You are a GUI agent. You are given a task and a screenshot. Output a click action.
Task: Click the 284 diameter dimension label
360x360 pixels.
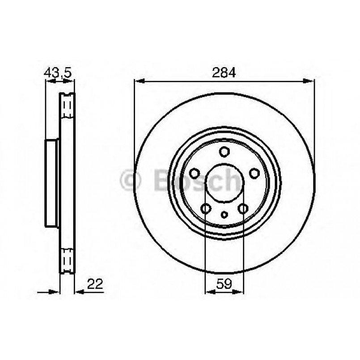224,72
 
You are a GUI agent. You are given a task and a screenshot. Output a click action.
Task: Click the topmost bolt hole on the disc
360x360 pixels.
224,152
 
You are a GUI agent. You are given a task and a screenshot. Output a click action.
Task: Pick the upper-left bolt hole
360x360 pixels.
195,173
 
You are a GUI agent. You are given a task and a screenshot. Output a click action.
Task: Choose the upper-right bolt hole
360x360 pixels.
254,173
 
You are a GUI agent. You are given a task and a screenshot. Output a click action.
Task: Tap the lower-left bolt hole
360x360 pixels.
206,208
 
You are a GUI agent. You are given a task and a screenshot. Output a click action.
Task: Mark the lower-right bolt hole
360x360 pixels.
243,208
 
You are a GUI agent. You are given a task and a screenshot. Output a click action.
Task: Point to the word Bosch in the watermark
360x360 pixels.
197,180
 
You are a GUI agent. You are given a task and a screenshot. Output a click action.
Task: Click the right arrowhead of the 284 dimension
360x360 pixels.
309,81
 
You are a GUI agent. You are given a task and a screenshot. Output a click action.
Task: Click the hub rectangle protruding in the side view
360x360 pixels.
52,183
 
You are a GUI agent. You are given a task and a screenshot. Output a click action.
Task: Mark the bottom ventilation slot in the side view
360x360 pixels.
68,258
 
